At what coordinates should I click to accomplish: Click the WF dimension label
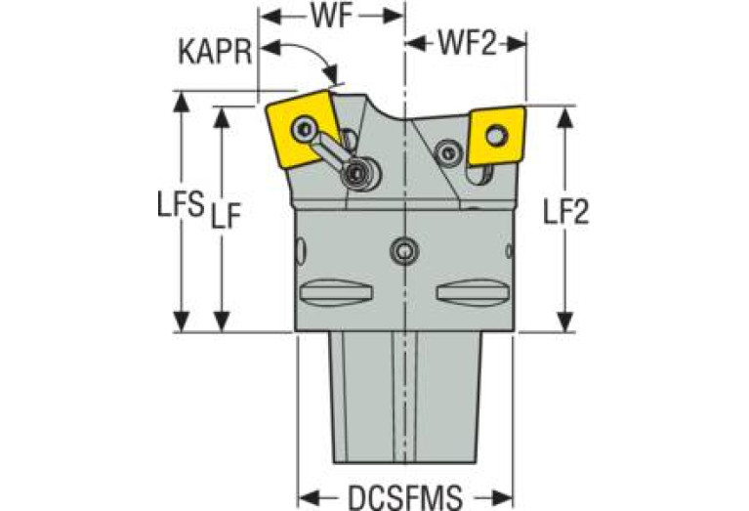coord(332,17)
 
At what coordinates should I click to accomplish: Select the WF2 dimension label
coord(468,44)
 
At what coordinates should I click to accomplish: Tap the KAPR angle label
coord(215,52)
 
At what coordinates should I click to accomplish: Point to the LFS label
coord(181,204)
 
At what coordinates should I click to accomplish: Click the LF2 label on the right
coord(566,211)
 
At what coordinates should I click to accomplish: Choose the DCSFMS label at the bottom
coord(405,497)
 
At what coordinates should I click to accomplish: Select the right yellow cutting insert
coord(497,136)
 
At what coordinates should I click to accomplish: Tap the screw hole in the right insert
coord(497,136)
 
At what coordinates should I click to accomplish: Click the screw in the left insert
coord(304,128)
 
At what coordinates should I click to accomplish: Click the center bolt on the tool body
coord(404,250)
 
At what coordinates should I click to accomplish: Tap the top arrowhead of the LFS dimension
coord(181,102)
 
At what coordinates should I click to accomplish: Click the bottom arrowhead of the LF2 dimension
coord(565,321)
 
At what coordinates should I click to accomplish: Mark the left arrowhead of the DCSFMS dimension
coord(310,497)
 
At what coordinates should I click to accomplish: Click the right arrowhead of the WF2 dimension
coord(516,44)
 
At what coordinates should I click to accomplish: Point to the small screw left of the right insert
coord(448,152)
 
